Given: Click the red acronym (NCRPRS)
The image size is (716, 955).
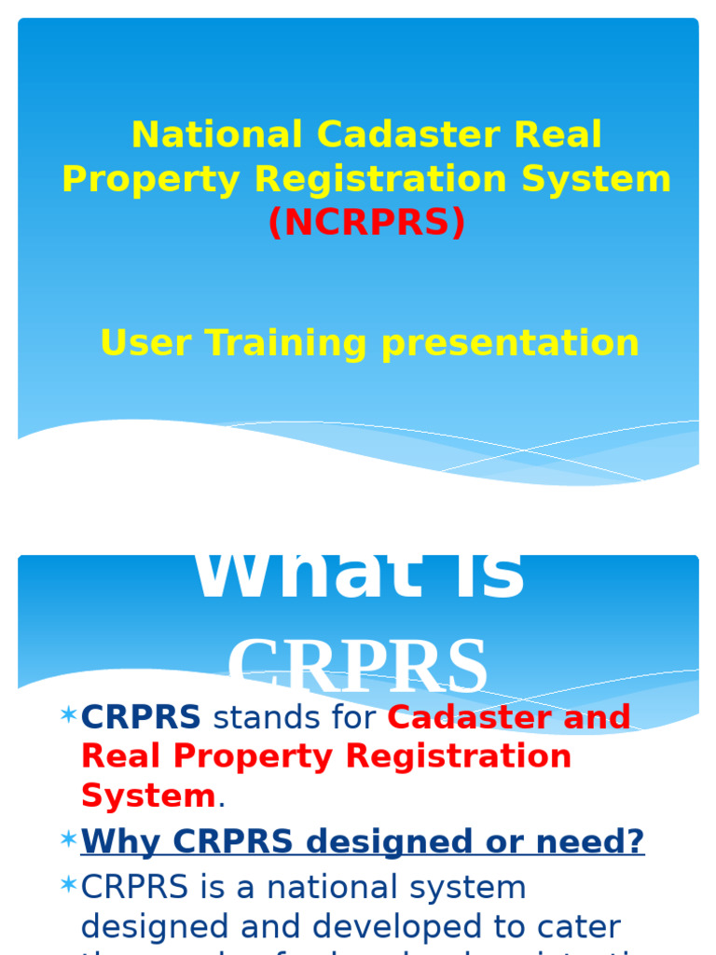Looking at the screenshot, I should coord(366,223).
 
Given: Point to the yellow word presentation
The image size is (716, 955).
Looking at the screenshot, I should coord(511,343).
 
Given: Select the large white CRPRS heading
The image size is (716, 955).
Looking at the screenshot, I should coord(358,667).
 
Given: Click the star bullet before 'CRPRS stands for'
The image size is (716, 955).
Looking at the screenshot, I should coord(67,715).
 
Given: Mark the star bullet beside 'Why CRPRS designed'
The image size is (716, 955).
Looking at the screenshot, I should coord(67,840).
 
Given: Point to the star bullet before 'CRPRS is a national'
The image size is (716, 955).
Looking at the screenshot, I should coord(67,885).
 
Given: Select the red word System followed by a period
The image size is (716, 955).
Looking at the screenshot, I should coord(148,796).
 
